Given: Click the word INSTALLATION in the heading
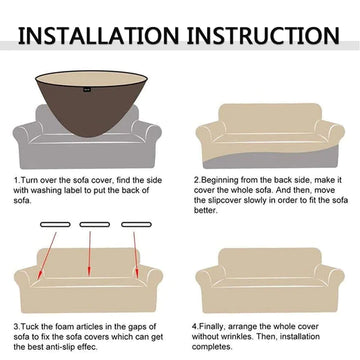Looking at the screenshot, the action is (98, 36).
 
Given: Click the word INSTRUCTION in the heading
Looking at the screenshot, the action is (263, 36).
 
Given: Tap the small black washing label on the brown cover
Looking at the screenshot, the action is (87, 89).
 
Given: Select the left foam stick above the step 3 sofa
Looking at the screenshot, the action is (55, 224).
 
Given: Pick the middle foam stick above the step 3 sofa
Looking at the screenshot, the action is (95, 224).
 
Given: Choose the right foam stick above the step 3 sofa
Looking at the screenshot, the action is (136, 224).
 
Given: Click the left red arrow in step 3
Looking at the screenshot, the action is (47, 255).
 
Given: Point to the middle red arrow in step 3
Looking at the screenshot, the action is (90, 254).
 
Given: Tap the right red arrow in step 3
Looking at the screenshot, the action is (135, 255).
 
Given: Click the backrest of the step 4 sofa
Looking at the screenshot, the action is (270, 263).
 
